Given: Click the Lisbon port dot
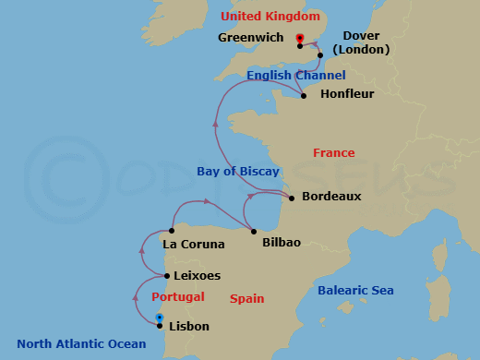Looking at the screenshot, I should (160, 325).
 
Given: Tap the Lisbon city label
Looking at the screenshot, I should (189, 326).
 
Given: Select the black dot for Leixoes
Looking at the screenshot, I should (166, 276).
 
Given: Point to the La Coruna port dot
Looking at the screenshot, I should (172, 231).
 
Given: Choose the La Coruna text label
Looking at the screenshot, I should (193, 245).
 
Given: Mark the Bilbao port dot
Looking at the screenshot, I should (254, 231).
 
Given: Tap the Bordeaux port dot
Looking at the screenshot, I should (292, 198).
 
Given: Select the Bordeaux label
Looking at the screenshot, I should (331, 197).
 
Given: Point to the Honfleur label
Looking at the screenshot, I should (346, 93).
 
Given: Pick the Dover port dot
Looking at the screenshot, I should (320, 55).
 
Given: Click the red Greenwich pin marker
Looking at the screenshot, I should (300, 39).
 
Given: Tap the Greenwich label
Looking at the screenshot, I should (251, 38).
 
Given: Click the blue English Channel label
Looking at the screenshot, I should (295, 75).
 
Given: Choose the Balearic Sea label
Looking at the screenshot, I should (355, 291).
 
